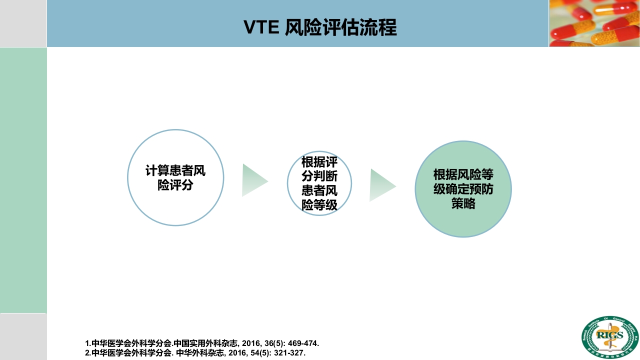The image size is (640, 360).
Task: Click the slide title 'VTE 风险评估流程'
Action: point(320,27)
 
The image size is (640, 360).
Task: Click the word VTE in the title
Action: point(261,28)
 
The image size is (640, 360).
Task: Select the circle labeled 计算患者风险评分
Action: point(175,177)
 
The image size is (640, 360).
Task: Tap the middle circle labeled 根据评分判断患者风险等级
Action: point(319,183)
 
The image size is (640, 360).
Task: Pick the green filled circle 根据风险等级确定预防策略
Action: point(463,189)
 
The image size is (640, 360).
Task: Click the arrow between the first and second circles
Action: point(254,180)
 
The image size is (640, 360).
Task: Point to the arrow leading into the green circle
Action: point(382,185)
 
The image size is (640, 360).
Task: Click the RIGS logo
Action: point(610,336)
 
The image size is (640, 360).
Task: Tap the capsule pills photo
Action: point(594,23)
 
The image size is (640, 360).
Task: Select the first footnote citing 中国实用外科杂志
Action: point(202,343)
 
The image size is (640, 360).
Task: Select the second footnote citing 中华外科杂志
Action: point(195,352)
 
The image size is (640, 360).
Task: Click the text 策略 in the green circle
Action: point(463,203)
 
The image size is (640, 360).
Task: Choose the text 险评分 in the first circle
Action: point(175,185)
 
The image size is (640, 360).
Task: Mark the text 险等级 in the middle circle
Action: point(319,204)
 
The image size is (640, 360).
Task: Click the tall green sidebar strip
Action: point(23,180)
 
